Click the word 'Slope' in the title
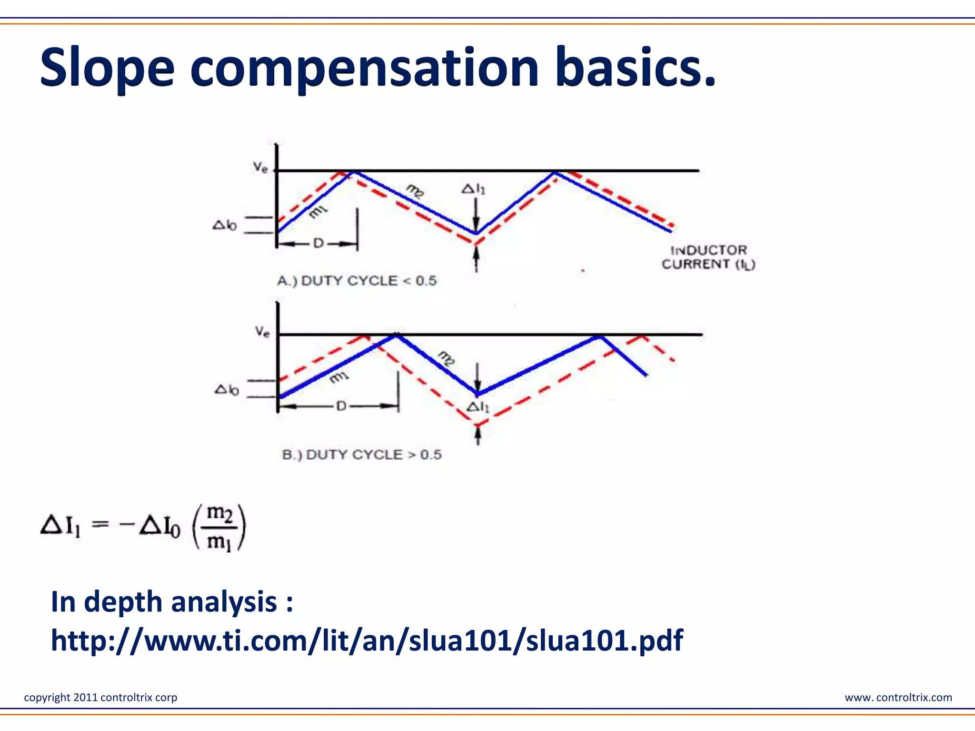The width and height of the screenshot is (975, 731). point(108,68)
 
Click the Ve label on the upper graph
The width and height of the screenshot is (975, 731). point(260,167)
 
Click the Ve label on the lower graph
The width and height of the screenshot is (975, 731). point(262,331)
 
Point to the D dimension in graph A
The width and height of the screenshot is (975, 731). point(318,244)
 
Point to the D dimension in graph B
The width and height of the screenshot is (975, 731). point(341,406)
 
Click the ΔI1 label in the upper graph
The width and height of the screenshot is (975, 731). point(473,189)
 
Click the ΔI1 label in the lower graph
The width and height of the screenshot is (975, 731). point(477,407)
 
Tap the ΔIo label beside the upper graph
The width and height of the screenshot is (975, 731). point(224,225)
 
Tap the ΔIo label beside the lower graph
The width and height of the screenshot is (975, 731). point(227,390)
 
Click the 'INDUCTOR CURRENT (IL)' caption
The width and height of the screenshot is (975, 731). point(708,257)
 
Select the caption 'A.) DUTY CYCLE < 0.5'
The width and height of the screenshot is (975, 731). point(357,281)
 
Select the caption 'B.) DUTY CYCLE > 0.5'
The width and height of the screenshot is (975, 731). point(361,454)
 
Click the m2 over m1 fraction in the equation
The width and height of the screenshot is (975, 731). point(219,527)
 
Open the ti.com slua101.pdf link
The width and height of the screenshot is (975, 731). point(367,640)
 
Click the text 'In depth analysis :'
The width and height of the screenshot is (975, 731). point(171,602)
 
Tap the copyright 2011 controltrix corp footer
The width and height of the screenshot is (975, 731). point(100,697)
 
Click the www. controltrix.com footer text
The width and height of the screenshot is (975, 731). point(898,697)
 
